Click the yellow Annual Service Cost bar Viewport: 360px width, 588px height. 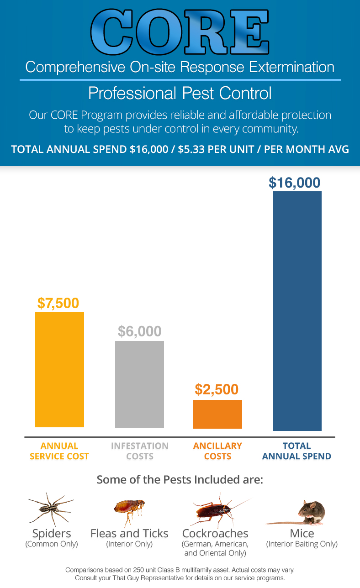pos(60,369)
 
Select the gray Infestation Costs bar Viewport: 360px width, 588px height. pos(139,384)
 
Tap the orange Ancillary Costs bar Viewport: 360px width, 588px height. pos(217,414)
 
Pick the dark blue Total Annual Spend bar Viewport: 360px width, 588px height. pos(297,311)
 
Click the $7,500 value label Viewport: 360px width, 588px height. pos(58,303)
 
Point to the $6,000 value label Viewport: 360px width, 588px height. pos(139,331)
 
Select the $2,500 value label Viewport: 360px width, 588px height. pos(217,389)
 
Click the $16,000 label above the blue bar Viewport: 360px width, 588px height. pos(295,183)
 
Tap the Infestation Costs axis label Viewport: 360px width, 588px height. pos(139,451)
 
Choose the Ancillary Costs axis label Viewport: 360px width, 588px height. pos(217,451)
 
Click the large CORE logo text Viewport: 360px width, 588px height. pos(180,31)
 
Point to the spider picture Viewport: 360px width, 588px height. pos(51,509)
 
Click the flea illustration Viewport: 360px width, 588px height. pos(130,512)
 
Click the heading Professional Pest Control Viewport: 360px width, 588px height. pos(180,93)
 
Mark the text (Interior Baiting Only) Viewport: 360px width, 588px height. pos(302,544)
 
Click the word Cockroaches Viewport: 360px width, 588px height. pos(215,533)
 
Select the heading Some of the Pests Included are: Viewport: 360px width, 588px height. pos(180,480)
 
